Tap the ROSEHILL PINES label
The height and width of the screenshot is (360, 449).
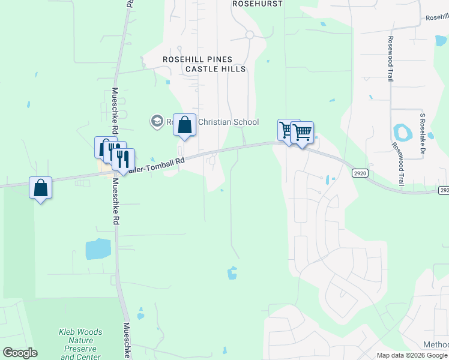tap(197, 59)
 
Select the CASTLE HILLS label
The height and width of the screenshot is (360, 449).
tap(215, 69)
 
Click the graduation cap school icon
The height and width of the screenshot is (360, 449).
tap(157, 122)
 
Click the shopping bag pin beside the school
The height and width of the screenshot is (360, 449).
tap(185, 126)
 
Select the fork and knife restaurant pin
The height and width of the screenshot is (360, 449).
tap(123, 160)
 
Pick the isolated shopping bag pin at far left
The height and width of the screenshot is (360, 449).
tap(40, 188)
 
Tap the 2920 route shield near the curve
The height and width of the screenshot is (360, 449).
tap(360, 173)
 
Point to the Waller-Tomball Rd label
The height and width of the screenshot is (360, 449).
tap(157, 165)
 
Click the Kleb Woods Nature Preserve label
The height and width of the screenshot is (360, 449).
tap(80, 344)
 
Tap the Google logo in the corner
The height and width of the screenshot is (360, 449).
tap(20, 353)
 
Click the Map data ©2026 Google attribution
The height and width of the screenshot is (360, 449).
tap(412, 355)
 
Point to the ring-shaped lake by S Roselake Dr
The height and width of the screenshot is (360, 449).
tap(401, 132)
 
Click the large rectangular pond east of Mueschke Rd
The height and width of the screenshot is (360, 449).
tap(98, 248)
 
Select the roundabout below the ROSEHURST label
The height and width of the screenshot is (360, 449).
tap(249, 35)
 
